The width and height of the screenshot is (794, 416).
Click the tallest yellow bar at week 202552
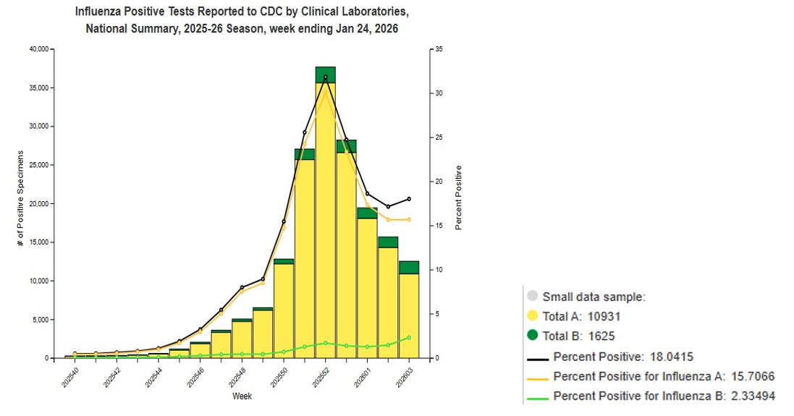point(325,217)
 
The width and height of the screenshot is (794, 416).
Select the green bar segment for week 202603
point(409,268)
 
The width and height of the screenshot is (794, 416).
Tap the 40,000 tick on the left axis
point(37,49)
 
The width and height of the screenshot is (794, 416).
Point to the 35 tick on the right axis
point(439,49)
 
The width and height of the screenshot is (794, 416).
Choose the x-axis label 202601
point(362,375)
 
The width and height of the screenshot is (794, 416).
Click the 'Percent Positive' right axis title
point(459,198)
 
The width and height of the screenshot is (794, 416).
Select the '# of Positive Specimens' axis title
point(20,198)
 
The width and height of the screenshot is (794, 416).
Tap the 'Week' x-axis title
point(242,396)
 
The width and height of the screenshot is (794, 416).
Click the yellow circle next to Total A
point(533,316)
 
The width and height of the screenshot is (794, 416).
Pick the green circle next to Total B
point(533,335)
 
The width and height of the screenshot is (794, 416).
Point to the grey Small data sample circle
point(533,296)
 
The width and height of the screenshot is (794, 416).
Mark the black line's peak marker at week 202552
point(325,77)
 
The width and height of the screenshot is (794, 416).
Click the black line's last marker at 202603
point(409,198)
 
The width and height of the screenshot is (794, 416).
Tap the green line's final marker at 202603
point(409,337)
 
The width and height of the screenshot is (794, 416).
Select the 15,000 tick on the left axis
point(37,242)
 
